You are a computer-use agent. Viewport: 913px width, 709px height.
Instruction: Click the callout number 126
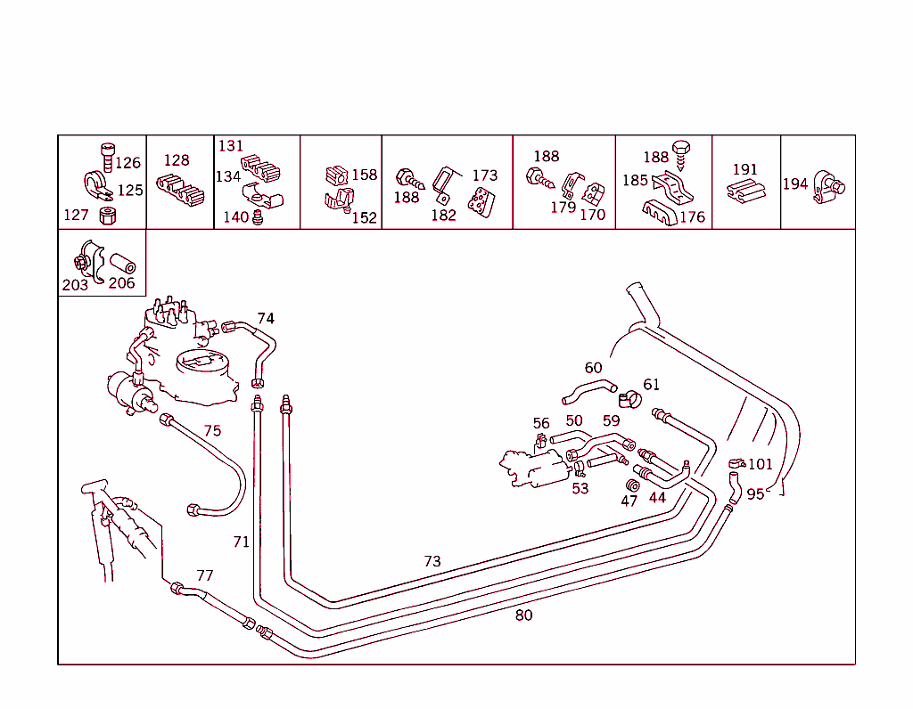point(128,163)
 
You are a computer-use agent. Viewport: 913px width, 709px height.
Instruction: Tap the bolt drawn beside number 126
point(108,157)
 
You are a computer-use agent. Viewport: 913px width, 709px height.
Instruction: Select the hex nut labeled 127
point(107,216)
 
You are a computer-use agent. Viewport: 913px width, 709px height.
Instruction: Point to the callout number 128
point(177,160)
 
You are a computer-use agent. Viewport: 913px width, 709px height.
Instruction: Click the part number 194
point(795,183)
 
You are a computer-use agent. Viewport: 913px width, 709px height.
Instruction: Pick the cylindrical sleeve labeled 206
point(123,263)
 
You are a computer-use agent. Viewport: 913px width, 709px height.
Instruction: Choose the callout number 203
point(75,285)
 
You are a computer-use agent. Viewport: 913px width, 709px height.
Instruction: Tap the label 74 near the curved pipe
point(266,318)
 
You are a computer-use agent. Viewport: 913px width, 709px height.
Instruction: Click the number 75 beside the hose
point(212,430)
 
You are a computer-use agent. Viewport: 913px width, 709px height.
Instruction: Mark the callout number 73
point(432,561)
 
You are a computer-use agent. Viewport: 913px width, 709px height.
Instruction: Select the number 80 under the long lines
point(524,615)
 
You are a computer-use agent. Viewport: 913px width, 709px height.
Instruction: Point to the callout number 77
point(205,575)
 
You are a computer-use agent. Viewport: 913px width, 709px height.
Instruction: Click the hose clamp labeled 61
point(630,400)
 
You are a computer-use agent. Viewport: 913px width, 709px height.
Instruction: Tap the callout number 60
point(593,368)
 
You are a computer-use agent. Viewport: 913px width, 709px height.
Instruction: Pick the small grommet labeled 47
point(632,485)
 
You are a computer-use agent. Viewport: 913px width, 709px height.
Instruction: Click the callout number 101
point(761,464)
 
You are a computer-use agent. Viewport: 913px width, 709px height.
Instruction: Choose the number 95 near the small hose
point(755,494)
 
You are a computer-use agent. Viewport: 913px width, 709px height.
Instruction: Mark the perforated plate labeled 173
point(481,202)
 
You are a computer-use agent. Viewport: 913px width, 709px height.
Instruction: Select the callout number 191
point(745,169)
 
